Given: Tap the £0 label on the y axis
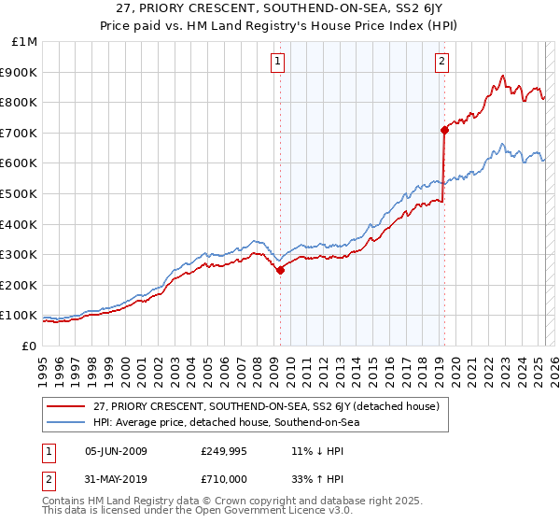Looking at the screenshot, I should (30, 346).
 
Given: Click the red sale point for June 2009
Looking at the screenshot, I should (280, 270).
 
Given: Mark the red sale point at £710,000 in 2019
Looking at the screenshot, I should (444, 131).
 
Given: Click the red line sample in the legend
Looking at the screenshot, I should (66, 405).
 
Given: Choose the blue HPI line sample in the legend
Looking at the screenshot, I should (66, 422).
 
